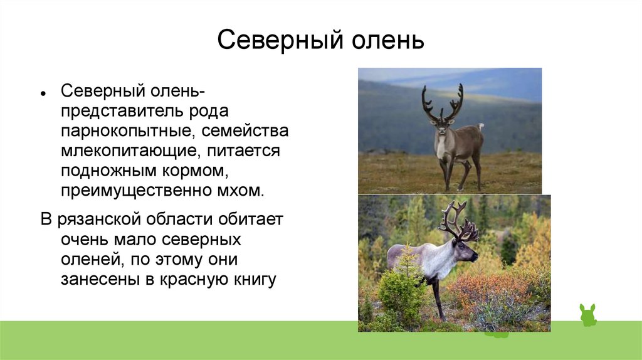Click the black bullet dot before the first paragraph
pos(43,93)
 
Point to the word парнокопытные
pos(127,131)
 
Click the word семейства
pos(245,130)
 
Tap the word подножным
pos(108,171)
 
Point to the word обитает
pos(250,219)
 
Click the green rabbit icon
pos(588,315)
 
